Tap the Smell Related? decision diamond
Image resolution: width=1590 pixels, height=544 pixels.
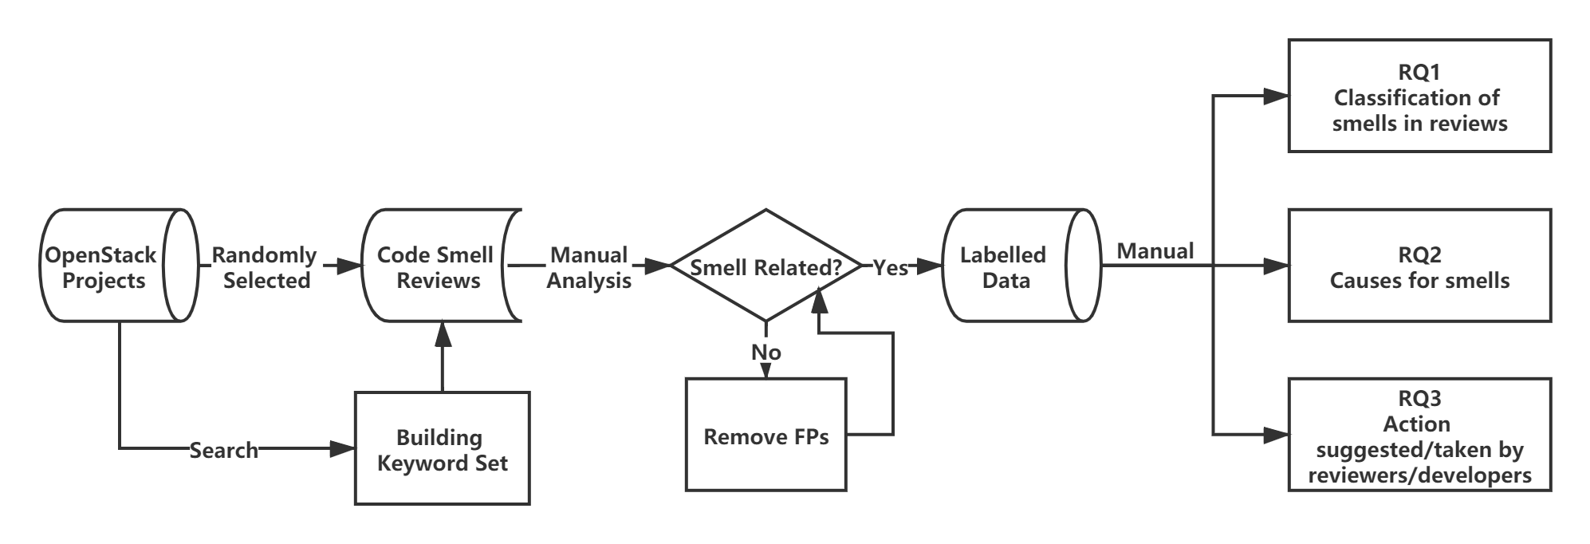pos(765,266)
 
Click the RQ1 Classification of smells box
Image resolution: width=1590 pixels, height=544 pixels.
pos(1419,97)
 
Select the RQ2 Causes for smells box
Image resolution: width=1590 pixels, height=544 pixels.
pos(1419,266)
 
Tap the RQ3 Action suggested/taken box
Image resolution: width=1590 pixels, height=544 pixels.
pos(1419,436)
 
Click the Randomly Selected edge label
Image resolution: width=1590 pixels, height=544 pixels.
pos(266,266)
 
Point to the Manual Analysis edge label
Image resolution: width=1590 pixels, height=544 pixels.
pos(589,266)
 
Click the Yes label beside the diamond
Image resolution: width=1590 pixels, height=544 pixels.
pos(890,266)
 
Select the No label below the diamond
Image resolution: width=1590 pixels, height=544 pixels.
pos(765,351)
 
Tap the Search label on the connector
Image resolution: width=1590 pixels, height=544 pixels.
pos(224,450)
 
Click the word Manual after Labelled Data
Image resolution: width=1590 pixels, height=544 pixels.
pos(1155,250)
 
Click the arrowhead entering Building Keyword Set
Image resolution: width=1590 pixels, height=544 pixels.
pos(343,449)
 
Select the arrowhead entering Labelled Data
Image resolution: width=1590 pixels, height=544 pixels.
pos(930,266)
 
